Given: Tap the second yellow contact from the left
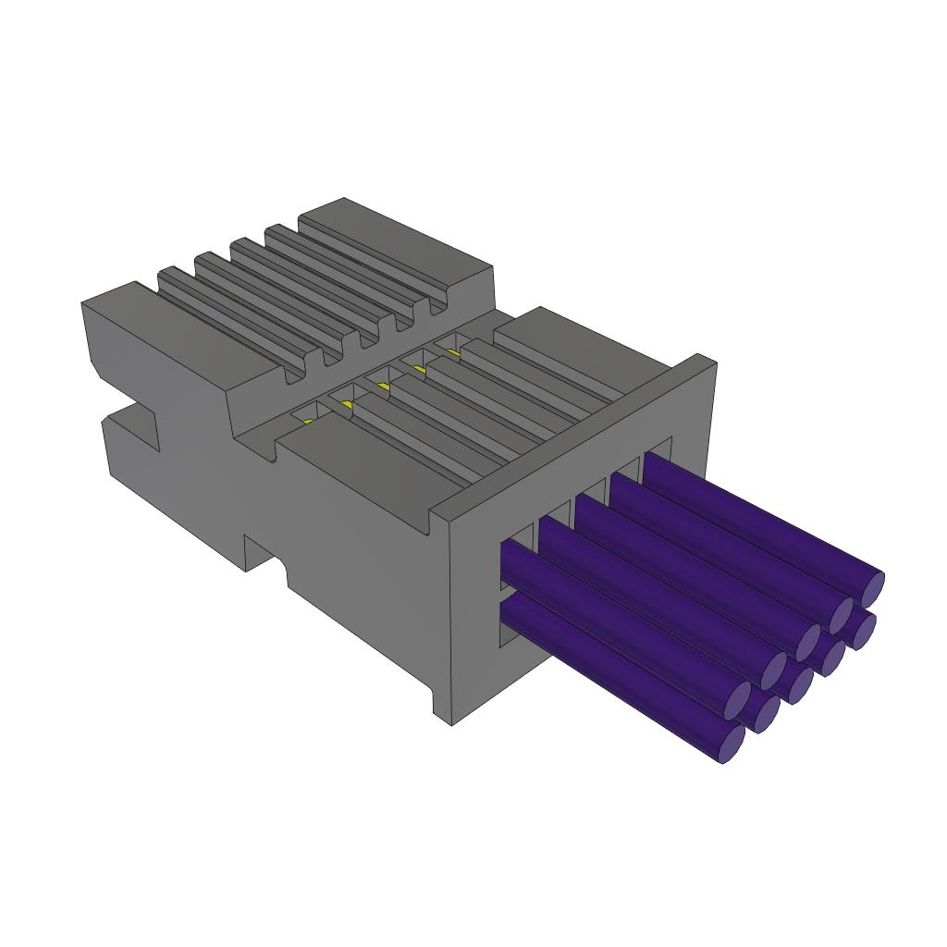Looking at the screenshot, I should point(346,405).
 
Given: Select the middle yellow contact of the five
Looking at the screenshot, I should point(383,387).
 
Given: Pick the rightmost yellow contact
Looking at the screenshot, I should point(453,351).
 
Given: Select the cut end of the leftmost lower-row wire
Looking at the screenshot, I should point(732,744).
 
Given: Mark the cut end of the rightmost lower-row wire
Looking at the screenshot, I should point(864,631).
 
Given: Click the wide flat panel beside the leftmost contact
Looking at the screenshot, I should point(361,472).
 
